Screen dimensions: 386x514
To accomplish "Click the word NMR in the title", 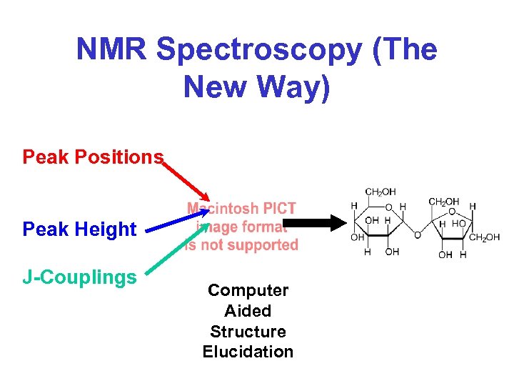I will tap(112, 50).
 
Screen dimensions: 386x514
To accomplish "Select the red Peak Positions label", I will tap(93, 157).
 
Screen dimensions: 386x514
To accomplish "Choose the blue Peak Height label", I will tap(79, 229).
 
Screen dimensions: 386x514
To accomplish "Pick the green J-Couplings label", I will tap(79, 277).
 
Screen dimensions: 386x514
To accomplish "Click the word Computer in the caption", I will tap(248, 290).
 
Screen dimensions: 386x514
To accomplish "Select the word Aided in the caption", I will tap(248, 311).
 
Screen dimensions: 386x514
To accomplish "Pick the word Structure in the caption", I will tap(248, 332).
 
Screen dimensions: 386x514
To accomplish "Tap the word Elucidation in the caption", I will tap(248, 352).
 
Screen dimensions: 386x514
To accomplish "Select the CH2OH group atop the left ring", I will tap(381, 192).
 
